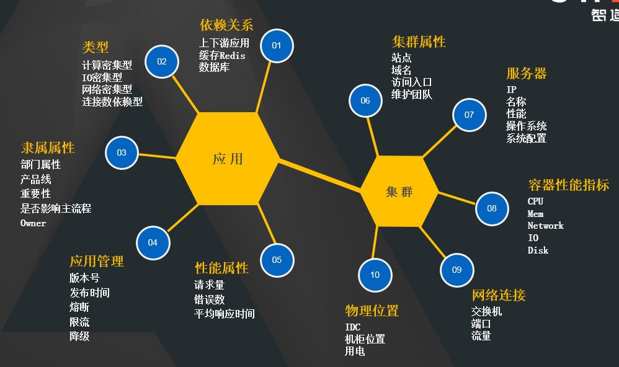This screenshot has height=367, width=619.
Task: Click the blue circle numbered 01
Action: click(x=277, y=45)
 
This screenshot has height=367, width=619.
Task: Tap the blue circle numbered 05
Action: click(x=277, y=260)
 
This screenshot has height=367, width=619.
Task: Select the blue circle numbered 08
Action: click(x=492, y=208)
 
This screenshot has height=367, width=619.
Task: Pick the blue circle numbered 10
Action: click(x=375, y=275)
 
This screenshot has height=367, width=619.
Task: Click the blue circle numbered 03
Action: click(x=122, y=153)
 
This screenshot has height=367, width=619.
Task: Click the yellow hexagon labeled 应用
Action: click(x=228, y=159)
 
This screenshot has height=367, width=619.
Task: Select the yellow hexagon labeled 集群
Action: click(x=399, y=192)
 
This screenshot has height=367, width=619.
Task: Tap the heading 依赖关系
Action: click(x=226, y=25)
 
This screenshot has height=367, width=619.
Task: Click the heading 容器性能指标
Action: click(x=568, y=185)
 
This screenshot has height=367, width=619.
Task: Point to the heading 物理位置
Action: click(x=372, y=311)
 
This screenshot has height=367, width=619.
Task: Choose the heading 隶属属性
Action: click(x=48, y=148)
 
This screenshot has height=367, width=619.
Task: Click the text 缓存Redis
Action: click(x=222, y=55)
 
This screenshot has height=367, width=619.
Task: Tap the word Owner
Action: click(x=33, y=223)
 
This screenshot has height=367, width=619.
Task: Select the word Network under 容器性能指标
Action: click(x=545, y=226)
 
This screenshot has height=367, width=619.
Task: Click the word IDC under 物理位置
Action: click(x=352, y=327)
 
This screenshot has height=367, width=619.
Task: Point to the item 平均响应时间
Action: click(x=225, y=314)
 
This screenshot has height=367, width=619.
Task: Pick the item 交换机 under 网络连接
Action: click(x=486, y=311)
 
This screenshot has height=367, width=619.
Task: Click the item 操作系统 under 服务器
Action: click(x=526, y=126)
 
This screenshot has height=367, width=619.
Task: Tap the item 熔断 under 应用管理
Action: click(x=79, y=307)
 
